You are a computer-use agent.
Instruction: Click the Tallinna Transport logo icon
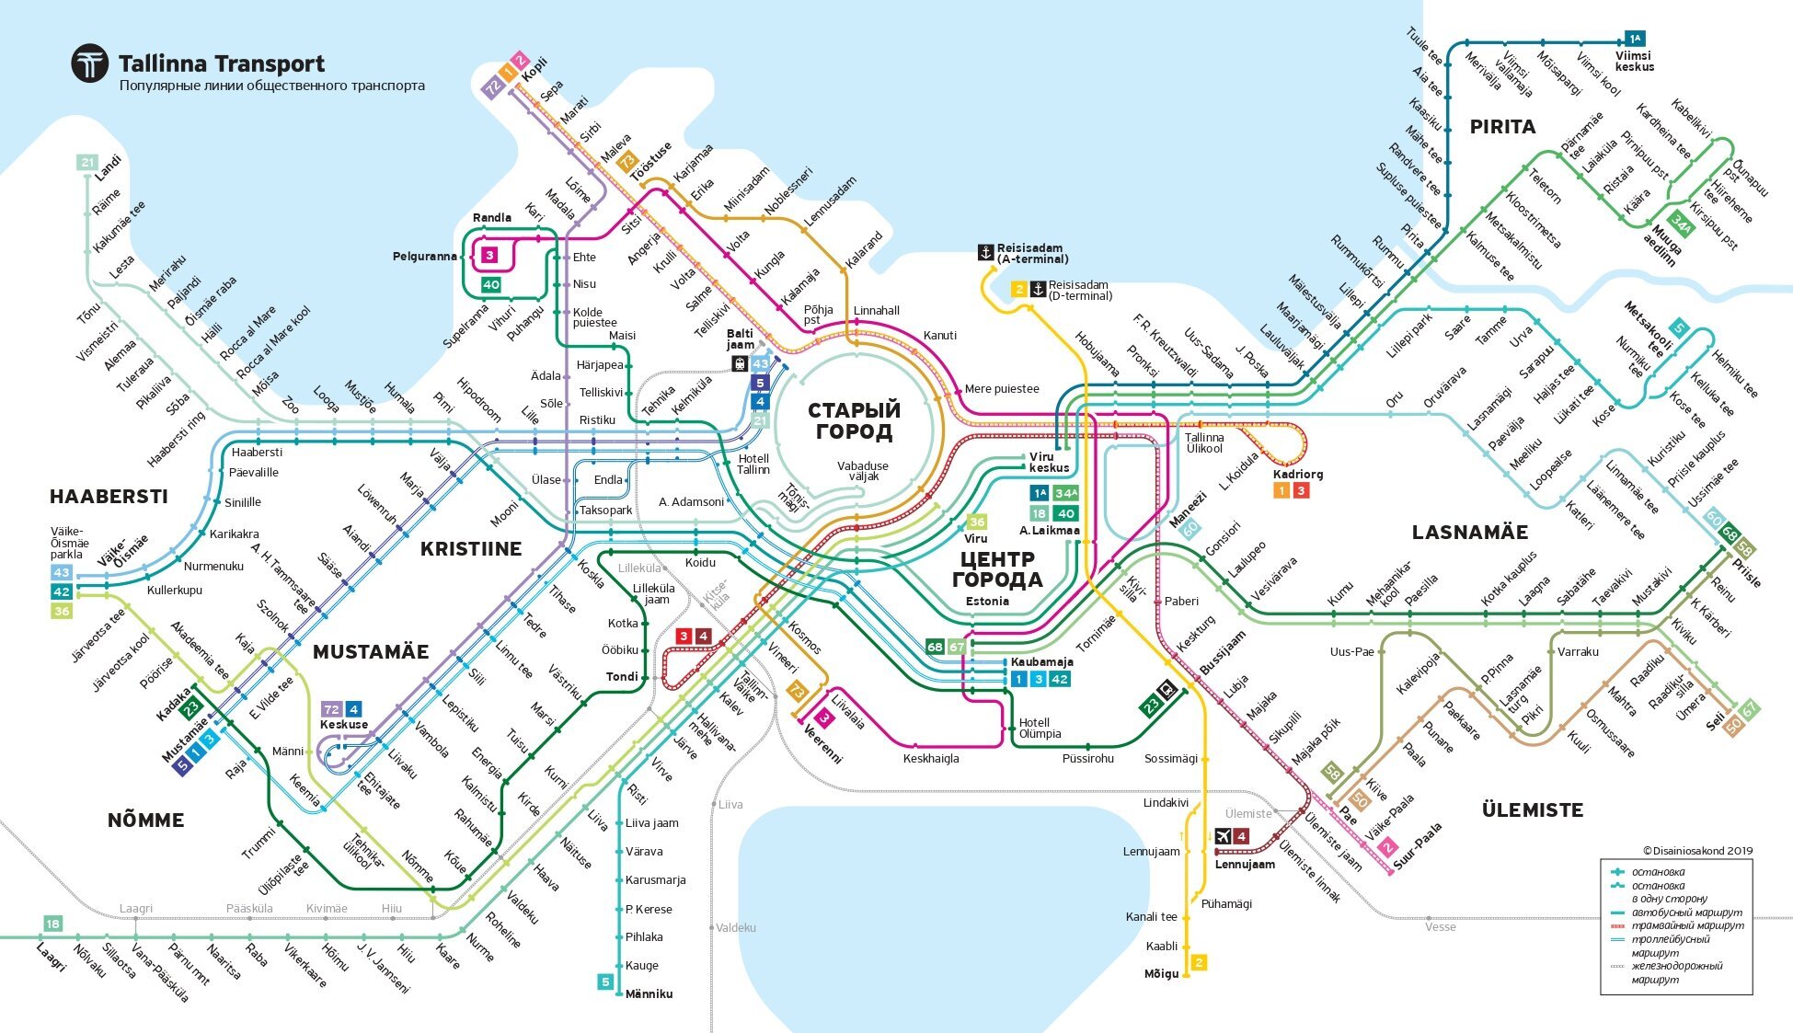[90, 64]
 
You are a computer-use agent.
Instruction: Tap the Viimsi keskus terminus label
[1634, 62]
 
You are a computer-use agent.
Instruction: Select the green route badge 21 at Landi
[86, 163]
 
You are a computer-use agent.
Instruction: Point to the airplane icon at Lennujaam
[1223, 836]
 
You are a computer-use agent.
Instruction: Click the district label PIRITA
[1502, 127]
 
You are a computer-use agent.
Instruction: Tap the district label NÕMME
[145, 820]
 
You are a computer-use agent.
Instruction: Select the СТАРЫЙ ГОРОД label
[854, 420]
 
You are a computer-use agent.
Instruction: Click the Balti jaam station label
[740, 339]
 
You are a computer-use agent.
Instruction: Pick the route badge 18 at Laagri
[52, 924]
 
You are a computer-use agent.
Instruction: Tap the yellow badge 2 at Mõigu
[1198, 962]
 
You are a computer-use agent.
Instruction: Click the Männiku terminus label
[649, 994]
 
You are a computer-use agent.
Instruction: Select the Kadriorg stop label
[1297, 475]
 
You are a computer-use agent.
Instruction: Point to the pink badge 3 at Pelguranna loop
[489, 255]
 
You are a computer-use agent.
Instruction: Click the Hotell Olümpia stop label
[1040, 728]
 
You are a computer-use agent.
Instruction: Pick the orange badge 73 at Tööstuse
[627, 163]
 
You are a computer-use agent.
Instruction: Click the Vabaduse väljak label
[862, 471]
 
